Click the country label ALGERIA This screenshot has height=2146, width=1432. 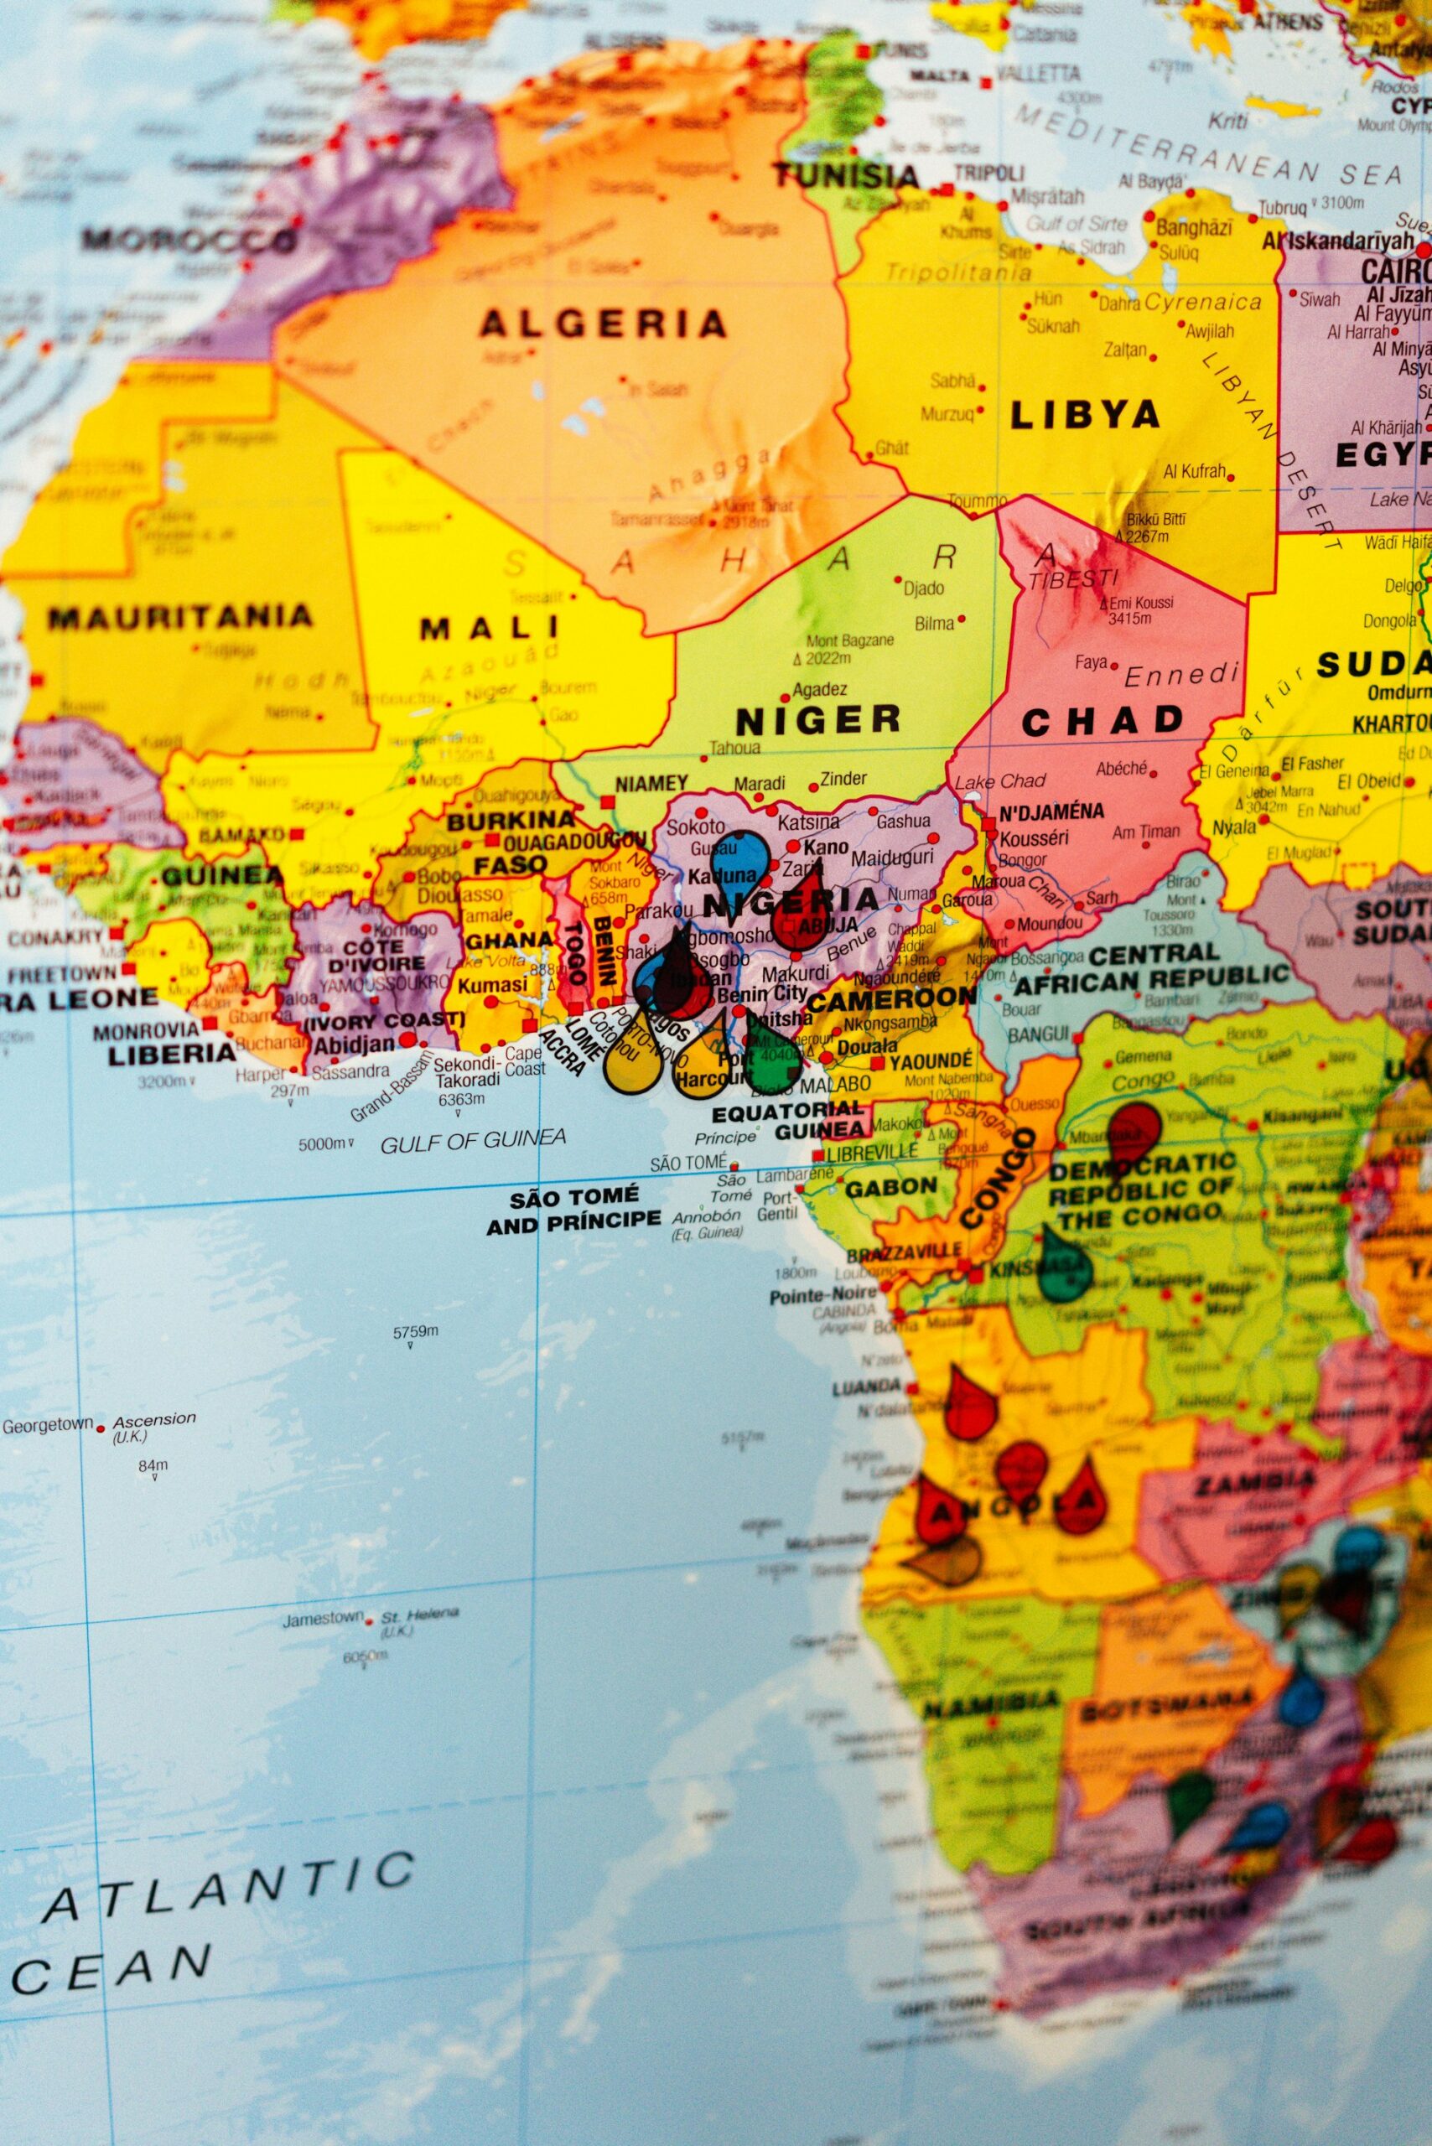[604, 324]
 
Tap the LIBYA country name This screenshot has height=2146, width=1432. [1085, 416]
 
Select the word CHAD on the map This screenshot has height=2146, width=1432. [1103, 722]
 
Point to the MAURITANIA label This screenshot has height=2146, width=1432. [180, 616]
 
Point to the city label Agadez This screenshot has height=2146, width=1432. [819, 689]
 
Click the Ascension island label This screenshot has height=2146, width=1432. [154, 1418]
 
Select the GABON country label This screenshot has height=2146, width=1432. [890, 1187]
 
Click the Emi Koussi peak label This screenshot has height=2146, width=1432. [1141, 603]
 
